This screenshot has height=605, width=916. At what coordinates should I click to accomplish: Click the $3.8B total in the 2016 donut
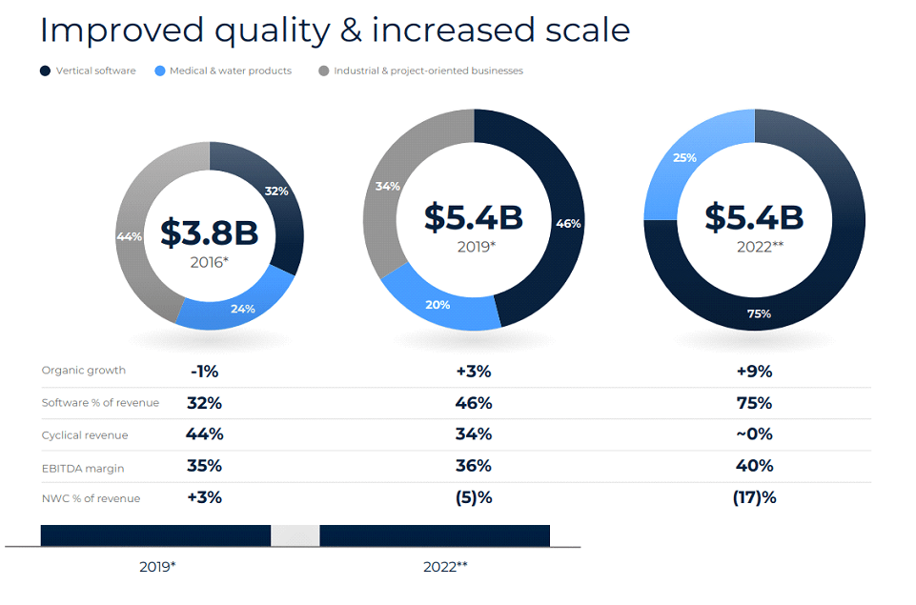209,232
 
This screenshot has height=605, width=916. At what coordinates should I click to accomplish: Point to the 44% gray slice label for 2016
130,236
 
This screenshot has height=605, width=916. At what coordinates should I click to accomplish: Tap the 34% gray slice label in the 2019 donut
387,186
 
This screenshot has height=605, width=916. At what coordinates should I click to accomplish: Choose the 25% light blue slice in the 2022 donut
683,157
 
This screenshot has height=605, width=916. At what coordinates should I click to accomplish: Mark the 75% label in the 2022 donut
759,313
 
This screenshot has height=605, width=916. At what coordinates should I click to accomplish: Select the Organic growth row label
84,371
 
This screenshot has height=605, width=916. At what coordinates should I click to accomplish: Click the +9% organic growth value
754,372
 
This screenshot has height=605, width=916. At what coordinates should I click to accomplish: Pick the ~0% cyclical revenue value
754,434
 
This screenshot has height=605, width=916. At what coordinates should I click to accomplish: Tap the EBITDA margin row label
83,468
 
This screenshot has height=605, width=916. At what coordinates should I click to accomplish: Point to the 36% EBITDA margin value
474,466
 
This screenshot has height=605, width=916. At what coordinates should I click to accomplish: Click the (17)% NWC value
754,498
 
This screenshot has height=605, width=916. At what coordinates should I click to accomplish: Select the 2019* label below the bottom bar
157,566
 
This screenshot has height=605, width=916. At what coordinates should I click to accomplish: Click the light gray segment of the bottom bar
295,535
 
